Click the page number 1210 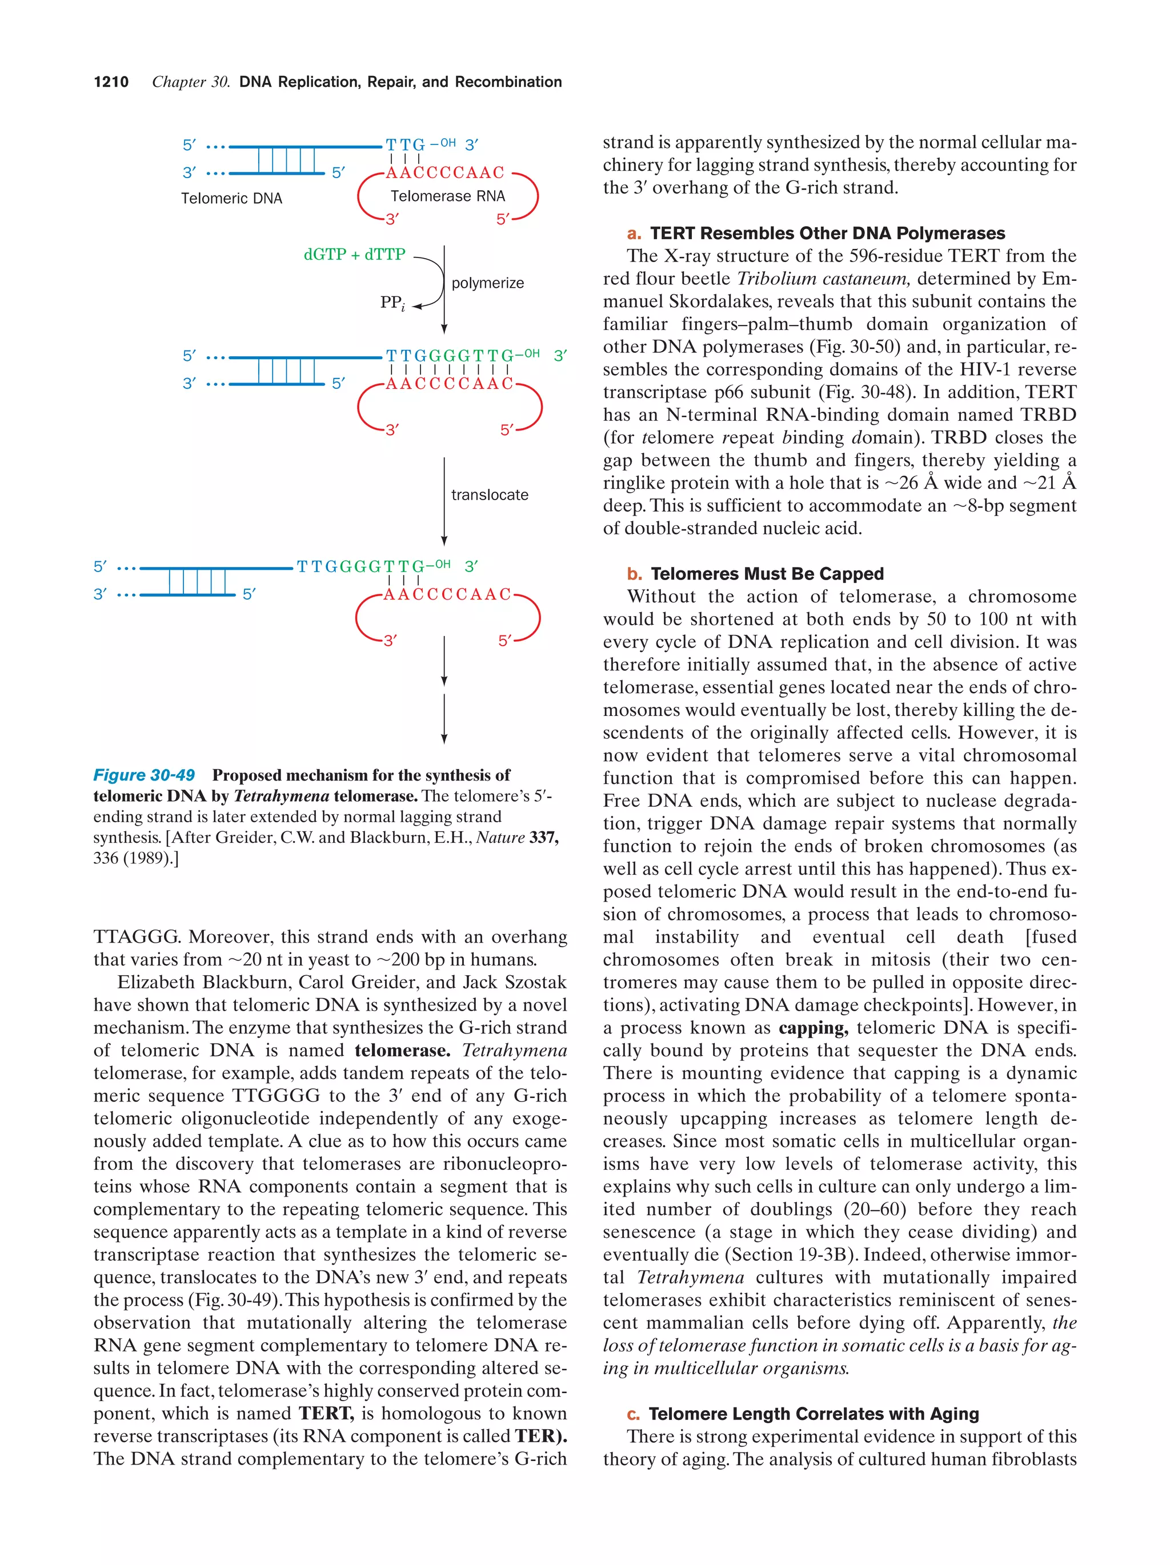click(111, 82)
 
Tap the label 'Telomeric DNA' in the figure click(231, 198)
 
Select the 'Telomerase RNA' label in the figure click(447, 196)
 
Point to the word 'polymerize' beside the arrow click(488, 283)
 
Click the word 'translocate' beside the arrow click(490, 494)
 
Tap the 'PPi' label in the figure click(392, 303)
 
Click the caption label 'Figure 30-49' click(144, 775)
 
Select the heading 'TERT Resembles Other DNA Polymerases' click(827, 233)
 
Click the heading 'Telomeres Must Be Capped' click(767, 573)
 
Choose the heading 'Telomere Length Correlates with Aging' click(814, 1414)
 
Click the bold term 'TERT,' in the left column click(326, 1413)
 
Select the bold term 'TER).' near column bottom click(541, 1435)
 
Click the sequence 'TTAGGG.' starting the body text click(137, 937)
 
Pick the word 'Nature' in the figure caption click(500, 837)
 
